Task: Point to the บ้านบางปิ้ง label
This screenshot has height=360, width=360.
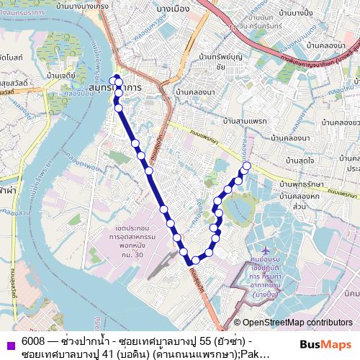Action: coord(295,13)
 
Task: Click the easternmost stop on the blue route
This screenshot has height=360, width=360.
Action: coord(247,166)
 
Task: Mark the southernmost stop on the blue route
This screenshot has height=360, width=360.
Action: coord(194,261)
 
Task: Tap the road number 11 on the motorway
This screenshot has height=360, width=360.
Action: coord(233,27)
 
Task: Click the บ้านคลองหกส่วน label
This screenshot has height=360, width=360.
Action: coord(300,201)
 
